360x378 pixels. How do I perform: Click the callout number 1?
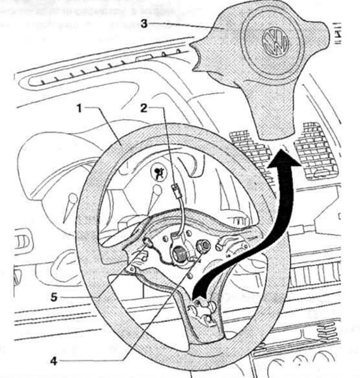[79, 109]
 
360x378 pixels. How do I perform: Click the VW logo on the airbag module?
[277, 40]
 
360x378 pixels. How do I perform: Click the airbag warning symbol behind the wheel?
[160, 173]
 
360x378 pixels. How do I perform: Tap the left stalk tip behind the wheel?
[72, 199]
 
